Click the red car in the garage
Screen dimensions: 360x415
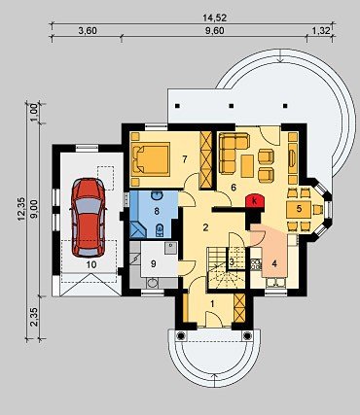[89, 217]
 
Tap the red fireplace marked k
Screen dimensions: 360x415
[255, 201]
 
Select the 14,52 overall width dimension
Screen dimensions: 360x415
[214, 17]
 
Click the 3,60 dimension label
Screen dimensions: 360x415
[88, 31]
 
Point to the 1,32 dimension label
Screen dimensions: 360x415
[321, 31]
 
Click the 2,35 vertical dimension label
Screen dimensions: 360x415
[35, 317]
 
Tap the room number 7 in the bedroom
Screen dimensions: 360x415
[185, 159]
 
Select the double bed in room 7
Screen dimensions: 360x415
[151, 159]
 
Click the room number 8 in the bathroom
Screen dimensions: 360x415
[157, 211]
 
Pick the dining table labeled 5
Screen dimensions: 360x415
[299, 209]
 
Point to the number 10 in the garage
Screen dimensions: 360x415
[91, 264]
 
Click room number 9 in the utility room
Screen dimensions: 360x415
[154, 263]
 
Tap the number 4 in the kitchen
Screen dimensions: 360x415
[274, 264]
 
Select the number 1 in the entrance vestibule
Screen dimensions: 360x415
[212, 304]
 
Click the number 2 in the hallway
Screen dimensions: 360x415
[205, 227]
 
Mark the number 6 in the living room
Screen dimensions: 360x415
[234, 188]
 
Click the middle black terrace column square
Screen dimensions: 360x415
[232, 106]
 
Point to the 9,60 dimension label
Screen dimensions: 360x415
[215, 31]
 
